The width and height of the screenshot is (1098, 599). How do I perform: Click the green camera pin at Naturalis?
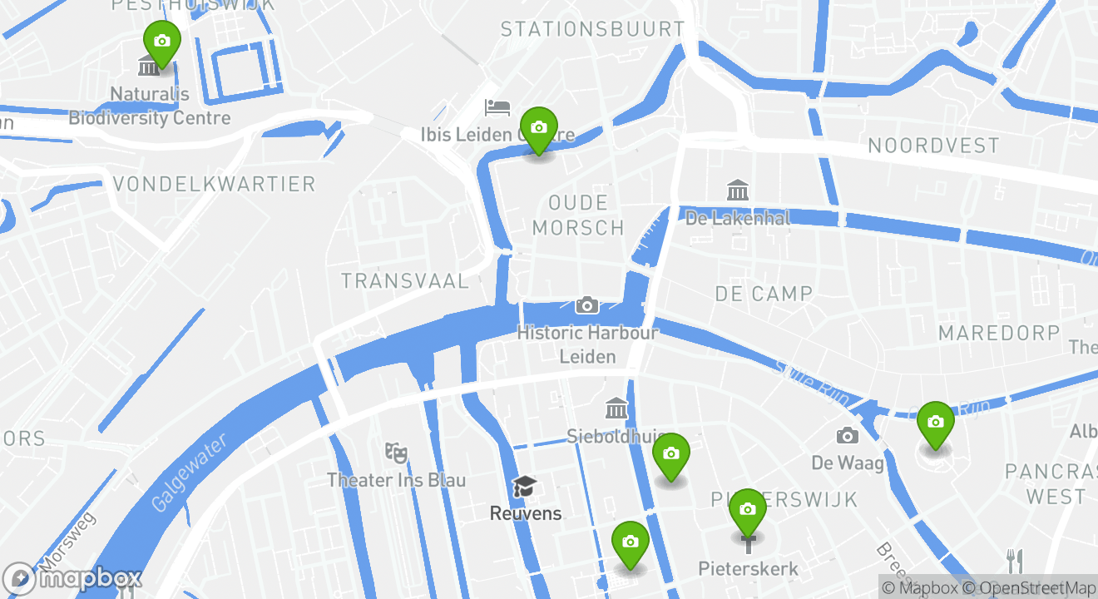pos(162,42)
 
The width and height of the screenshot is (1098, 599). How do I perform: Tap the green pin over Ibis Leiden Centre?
pos(539,128)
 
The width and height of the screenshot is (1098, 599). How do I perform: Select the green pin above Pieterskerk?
pos(748,510)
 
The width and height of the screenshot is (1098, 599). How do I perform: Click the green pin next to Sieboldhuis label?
pos(671,454)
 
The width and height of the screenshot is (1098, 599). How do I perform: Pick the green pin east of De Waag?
pos(936,423)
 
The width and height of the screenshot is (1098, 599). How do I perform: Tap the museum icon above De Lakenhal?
pos(737,191)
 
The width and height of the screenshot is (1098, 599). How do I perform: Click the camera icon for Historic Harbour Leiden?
pos(587,305)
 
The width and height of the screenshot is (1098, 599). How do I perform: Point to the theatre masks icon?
pos(396,453)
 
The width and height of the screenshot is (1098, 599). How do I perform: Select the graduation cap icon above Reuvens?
pos(525,486)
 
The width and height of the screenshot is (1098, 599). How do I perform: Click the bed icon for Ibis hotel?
pos(497,107)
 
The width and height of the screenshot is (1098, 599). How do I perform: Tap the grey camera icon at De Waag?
pos(847,435)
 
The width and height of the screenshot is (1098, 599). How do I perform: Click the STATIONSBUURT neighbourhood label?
pos(592,29)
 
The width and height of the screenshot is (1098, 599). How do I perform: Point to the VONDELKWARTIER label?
pos(214,184)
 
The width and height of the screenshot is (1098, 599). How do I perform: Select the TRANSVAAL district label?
pos(405,281)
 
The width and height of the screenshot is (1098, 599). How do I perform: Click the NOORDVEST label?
pos(933,146)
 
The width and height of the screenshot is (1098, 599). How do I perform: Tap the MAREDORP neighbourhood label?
pos(999,334)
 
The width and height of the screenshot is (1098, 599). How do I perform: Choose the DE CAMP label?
pos(764,294)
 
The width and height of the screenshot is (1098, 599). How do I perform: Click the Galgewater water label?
pos(189,473)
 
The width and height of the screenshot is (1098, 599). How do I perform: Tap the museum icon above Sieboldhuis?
pos(616,408)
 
